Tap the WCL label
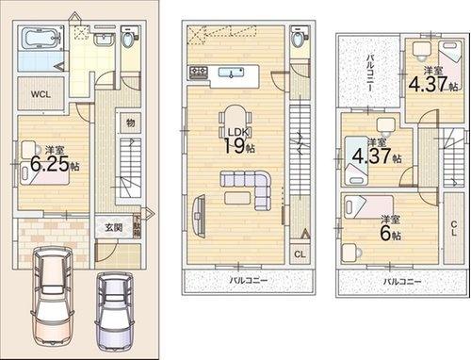[41, 94]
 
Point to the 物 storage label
[130, 123]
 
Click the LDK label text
[235, 132]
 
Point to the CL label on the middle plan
[299, 254]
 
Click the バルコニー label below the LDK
[248, 281]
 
